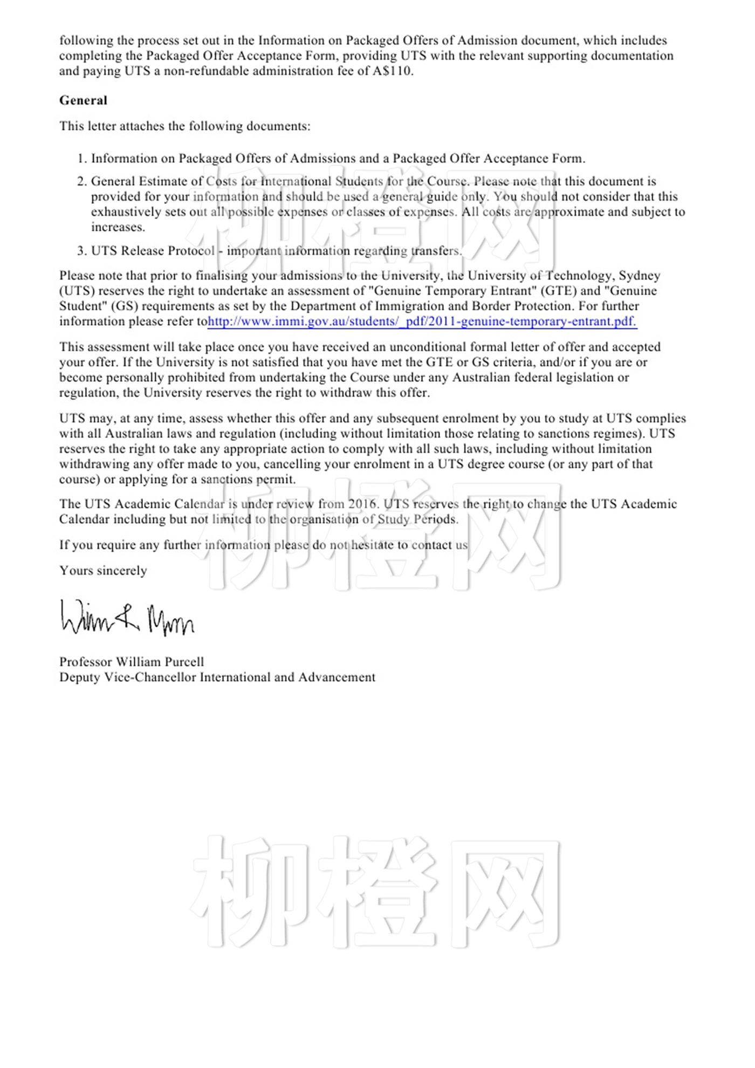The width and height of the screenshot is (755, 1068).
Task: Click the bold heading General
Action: (83, 100)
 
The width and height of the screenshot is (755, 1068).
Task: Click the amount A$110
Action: (393, 71)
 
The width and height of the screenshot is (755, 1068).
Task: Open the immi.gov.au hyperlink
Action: (422, 321)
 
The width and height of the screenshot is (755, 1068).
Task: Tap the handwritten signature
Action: (127, 618)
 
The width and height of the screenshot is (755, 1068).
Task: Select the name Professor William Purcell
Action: (132, 662)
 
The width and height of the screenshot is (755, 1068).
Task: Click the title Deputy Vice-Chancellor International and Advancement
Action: (217, 677)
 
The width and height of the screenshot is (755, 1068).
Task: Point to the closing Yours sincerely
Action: (103, 571)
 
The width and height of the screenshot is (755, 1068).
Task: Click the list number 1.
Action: (81, 159)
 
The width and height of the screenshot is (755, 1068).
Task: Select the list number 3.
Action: (81, 251)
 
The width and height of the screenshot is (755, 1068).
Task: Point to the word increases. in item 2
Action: (118, 227)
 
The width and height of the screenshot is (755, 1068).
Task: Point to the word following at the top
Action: (86, 40)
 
